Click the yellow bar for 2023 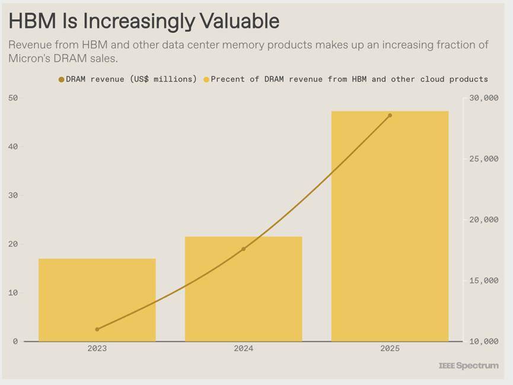97,300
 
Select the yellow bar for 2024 243,289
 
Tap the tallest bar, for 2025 390,226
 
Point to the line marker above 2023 97,329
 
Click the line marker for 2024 243,249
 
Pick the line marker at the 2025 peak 390,115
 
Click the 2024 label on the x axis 243,349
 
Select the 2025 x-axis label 390,349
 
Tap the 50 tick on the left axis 13,98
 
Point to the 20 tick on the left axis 13,244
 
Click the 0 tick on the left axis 15,342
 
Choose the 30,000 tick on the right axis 480,98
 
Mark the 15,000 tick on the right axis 480,281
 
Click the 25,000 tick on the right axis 480,159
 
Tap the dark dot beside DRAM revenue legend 61,79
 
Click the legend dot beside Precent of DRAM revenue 206,79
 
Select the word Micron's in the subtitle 30,59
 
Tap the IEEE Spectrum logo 469,365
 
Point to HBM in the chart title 33,21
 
